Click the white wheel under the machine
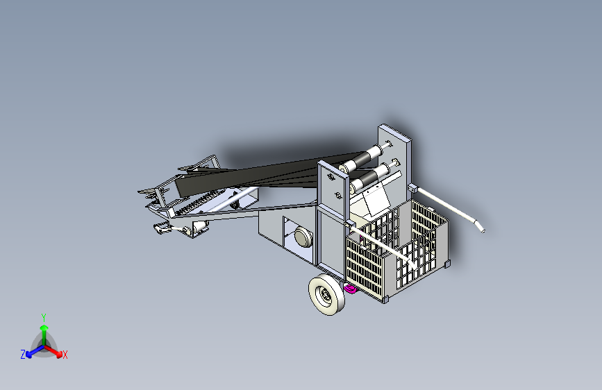pyautogui.click(x=327, y=296)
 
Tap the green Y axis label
pyautogui.click(x=44, y=316)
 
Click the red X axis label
pyautogui.click(x=65, y=355)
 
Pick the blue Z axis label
pyautogui.click(x=23, y=355)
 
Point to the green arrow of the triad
pyautogui.click(x=44, y=330)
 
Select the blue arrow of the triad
pyautogui.click(x=32, y=351)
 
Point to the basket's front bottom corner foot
pyautogui.click(x=384, y=299)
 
